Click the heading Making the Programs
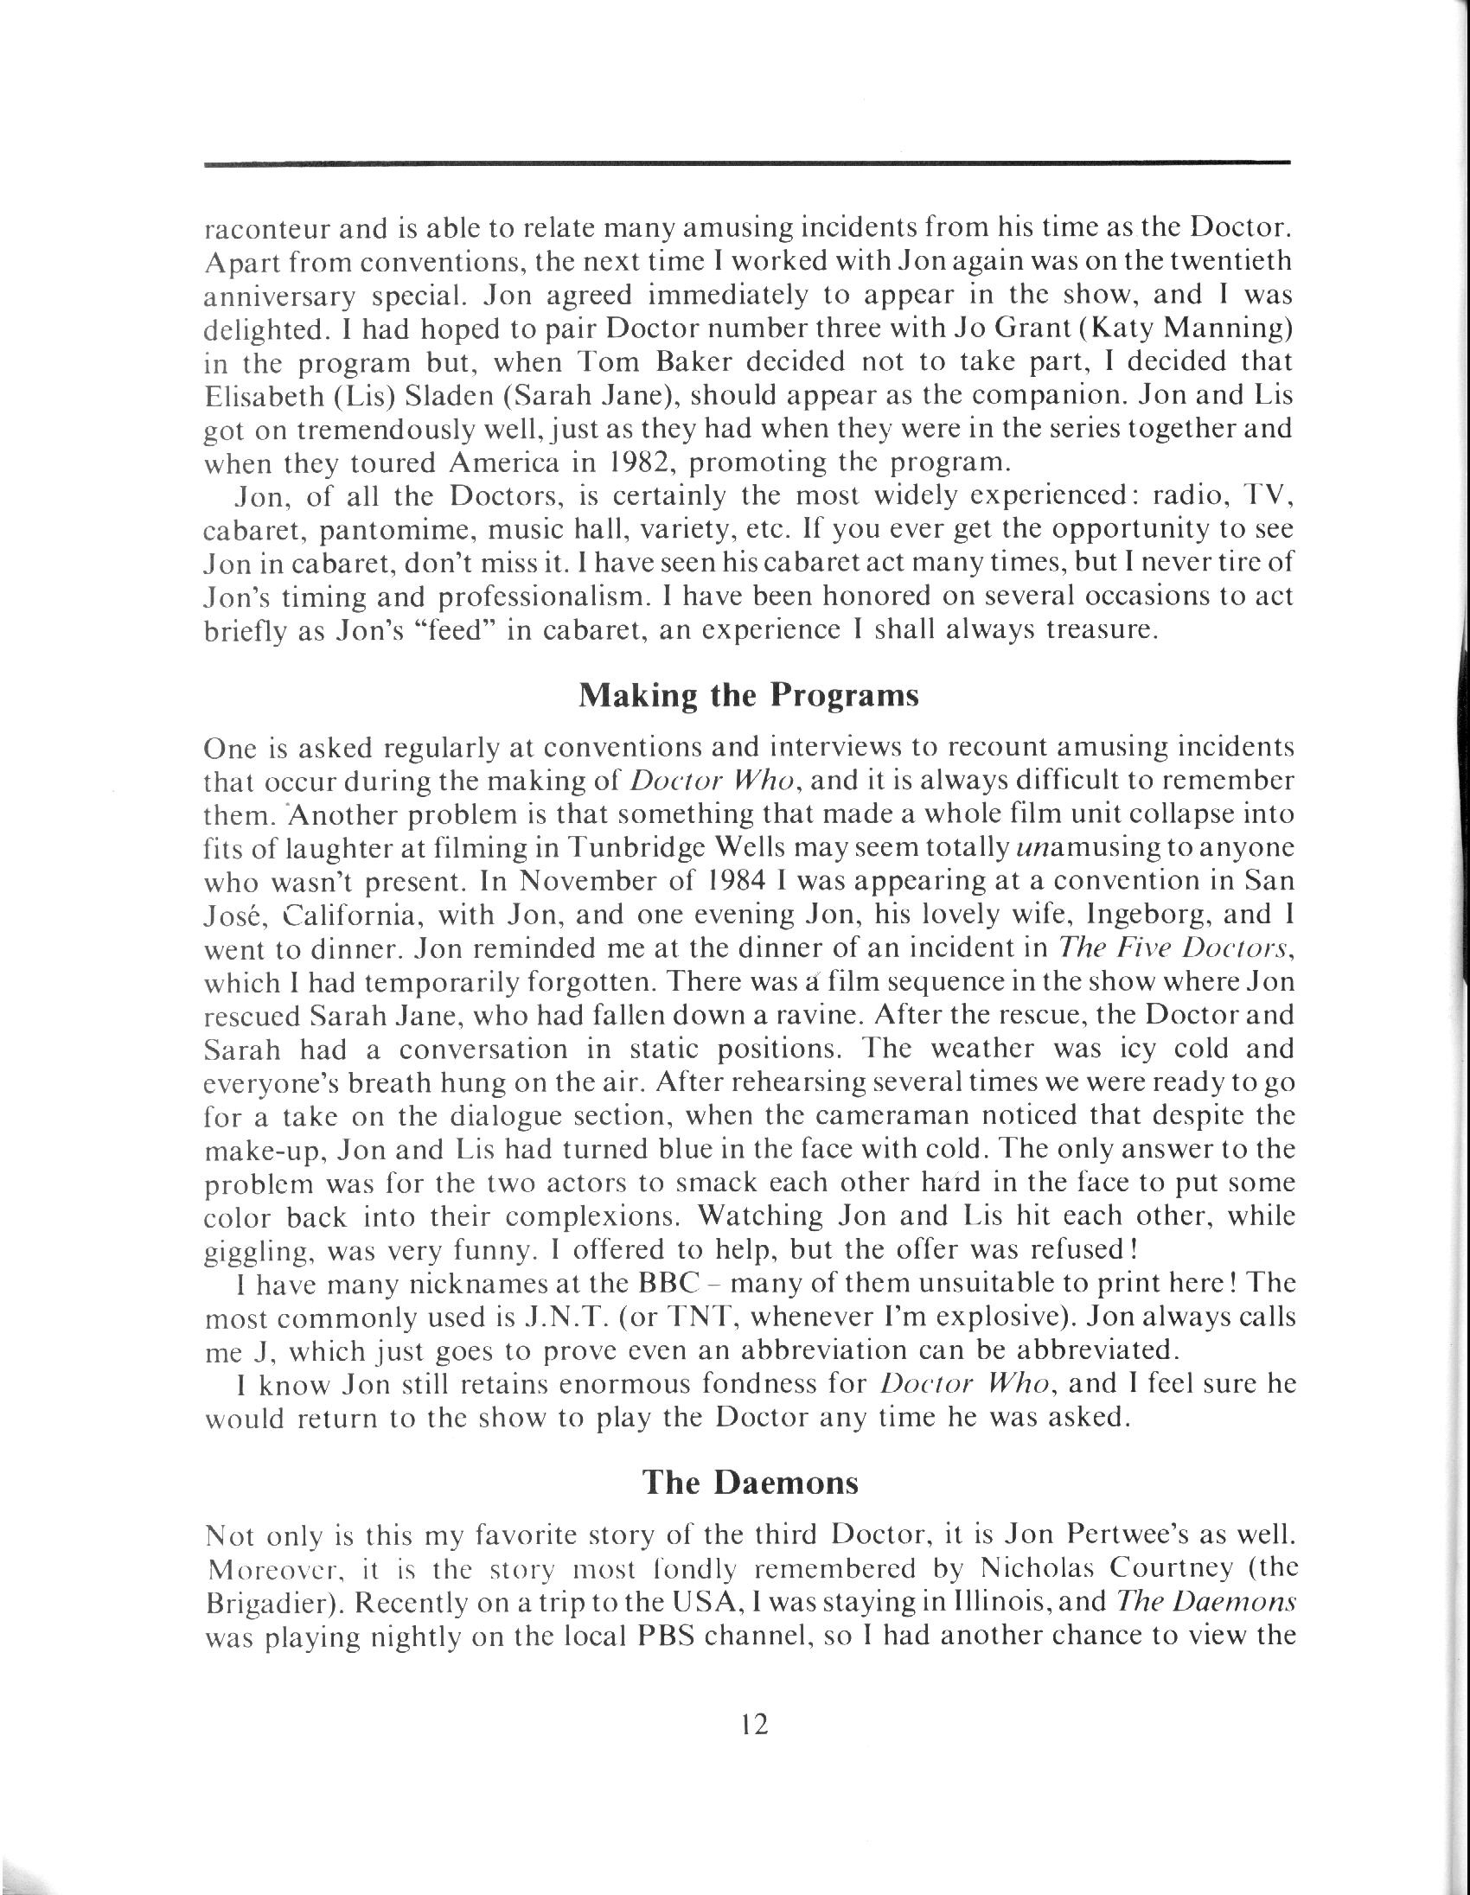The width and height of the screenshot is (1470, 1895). pyautogui.click(x=748, y=697)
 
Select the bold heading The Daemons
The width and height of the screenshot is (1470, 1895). pyautogui.click(x=750, y=1483)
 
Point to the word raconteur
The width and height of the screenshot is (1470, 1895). pyautogui.click(x=264, y=229)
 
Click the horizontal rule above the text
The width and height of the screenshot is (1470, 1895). pyautogui.click(x=746, y=163)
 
